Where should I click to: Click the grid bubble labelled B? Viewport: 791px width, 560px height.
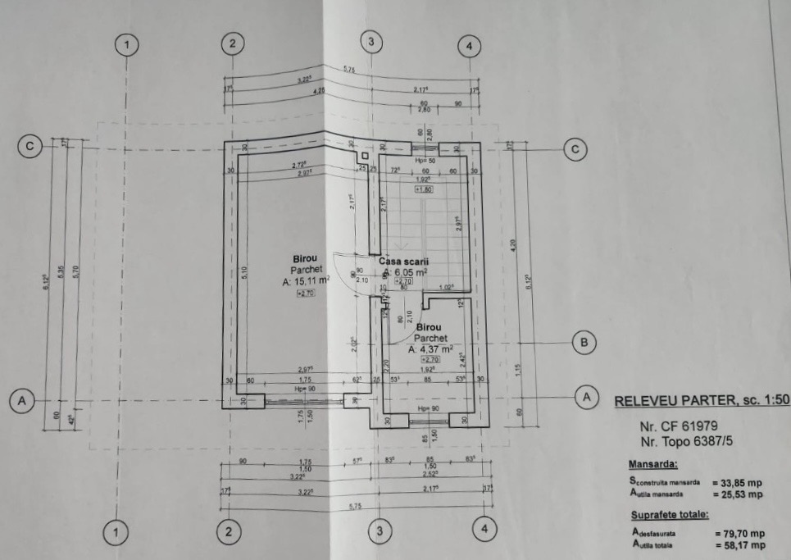(x=583, y=343)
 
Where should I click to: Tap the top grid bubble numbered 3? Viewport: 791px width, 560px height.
(x=371, y=41)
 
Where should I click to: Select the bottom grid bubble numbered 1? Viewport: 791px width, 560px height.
(x=116, y=533)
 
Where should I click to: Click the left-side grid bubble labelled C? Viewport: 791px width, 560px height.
(x=30, y=147)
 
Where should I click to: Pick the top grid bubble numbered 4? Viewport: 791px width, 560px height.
(x=468, y=46)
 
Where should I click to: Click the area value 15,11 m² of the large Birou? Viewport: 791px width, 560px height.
(x=306, y=280)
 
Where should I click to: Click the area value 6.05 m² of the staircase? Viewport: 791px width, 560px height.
(x=407, y=272)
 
